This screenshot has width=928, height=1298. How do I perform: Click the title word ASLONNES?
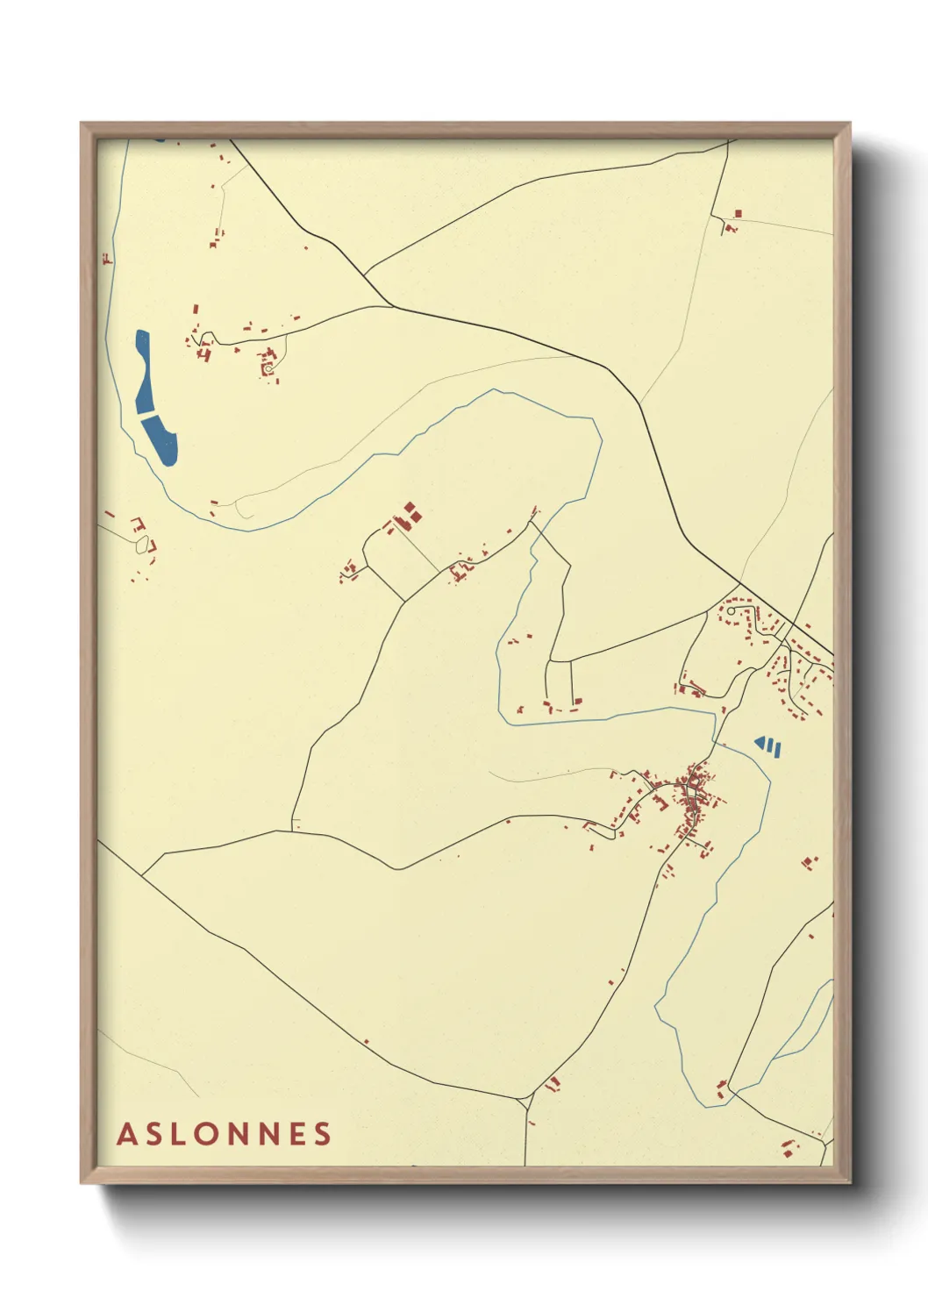(x=225, y=1133)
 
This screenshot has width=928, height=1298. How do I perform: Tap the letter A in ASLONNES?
(x=126, y=1133)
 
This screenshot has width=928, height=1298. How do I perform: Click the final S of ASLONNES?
(x=324, y=1133)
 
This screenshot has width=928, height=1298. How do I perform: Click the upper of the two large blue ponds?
(x=143, y=371)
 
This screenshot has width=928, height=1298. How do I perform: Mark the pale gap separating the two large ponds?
(x=148, y=415)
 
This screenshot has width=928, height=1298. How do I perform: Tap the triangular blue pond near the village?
(x=760, y=743)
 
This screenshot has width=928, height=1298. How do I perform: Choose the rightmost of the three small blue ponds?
(x=778, y=748)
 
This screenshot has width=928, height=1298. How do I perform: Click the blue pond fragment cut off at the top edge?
(x=159, y=139)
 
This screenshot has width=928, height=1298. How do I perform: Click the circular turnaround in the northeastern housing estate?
(x=731, y=610)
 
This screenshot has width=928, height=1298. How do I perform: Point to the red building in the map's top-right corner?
(x=738, y=213)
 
